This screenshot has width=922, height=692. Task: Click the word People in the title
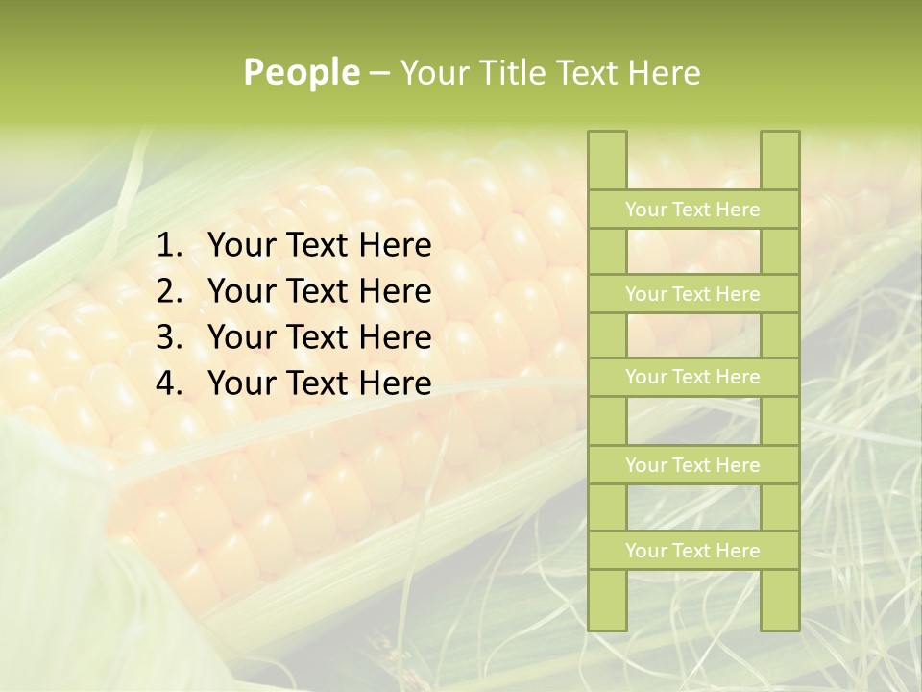click(302, 72)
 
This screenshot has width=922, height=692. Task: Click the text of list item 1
click(319, 246)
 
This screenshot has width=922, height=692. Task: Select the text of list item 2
click(319, 291)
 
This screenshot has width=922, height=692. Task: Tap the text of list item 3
click(319, 337)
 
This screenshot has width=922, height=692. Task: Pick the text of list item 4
click(319, 383)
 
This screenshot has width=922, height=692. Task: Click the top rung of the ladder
click(692, 210)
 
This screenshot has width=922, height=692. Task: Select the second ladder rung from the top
click(692, 294)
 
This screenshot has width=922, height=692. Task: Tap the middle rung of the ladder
click(692, 378)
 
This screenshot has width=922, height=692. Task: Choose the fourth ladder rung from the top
click(692, 465)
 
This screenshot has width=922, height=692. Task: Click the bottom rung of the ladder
click(692, 551)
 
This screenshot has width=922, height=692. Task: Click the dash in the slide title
click(378, 73)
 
